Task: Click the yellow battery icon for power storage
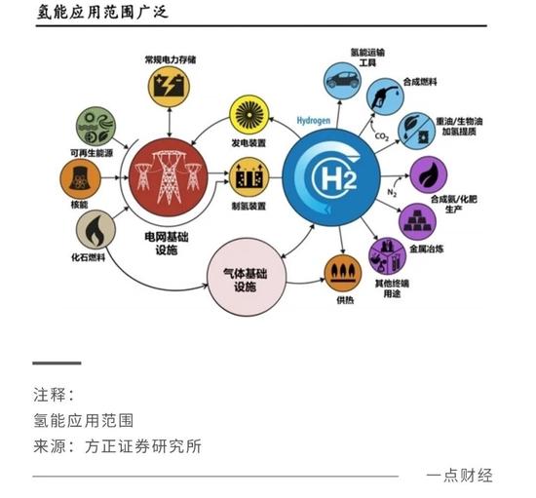click(169, 87)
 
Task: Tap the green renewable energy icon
click(96, 127)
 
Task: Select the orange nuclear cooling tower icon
click(80, 178)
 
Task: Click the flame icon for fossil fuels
click(96, 230)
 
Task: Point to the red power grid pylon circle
click(168, 177)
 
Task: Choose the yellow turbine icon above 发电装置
click(249, 115)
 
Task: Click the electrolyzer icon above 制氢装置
click(249, 177)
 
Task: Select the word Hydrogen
click(314, 121)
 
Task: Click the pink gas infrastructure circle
click(247, 277)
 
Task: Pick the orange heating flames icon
click(343, 273)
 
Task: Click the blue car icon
click(342, 81)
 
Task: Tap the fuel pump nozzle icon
click(385, 96)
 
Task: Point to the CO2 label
click(382, 136)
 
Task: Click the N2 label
click(392, 192)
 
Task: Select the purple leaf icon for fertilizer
click(429, 174)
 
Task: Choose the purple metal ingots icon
click(417, 222)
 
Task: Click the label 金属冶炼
click(426, 249)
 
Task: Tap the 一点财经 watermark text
click(459, 476)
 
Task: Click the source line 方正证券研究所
click(143, 446)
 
